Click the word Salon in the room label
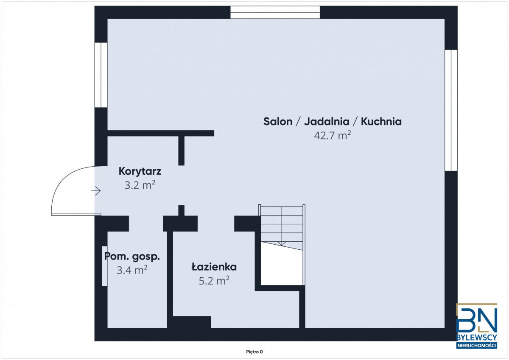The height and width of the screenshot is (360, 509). [278, 122]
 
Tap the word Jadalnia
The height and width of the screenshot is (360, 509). [327, 122]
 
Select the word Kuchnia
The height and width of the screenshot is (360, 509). [381, 122]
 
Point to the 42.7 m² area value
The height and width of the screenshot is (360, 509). [333, 135]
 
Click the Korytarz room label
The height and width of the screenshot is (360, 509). [140, 171]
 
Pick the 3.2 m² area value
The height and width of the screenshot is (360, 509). [140, 185]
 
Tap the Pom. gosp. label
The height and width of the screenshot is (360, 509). [132, 257]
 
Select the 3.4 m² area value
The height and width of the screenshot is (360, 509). [132, 270]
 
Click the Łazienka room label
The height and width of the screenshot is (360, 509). [214, 267]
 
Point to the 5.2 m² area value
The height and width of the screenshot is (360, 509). [214, 281]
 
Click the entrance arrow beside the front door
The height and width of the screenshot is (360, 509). [96, 191]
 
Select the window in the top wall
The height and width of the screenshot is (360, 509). [275, 12]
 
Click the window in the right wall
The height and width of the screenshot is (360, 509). [451, 110]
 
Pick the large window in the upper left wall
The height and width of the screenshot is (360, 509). [101, 75]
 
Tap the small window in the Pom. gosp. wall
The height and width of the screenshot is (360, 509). [104, 266]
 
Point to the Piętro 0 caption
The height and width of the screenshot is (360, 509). [254, 352]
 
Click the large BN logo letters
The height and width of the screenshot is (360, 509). [477, 320]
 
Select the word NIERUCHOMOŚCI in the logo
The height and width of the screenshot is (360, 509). [477, 346]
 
